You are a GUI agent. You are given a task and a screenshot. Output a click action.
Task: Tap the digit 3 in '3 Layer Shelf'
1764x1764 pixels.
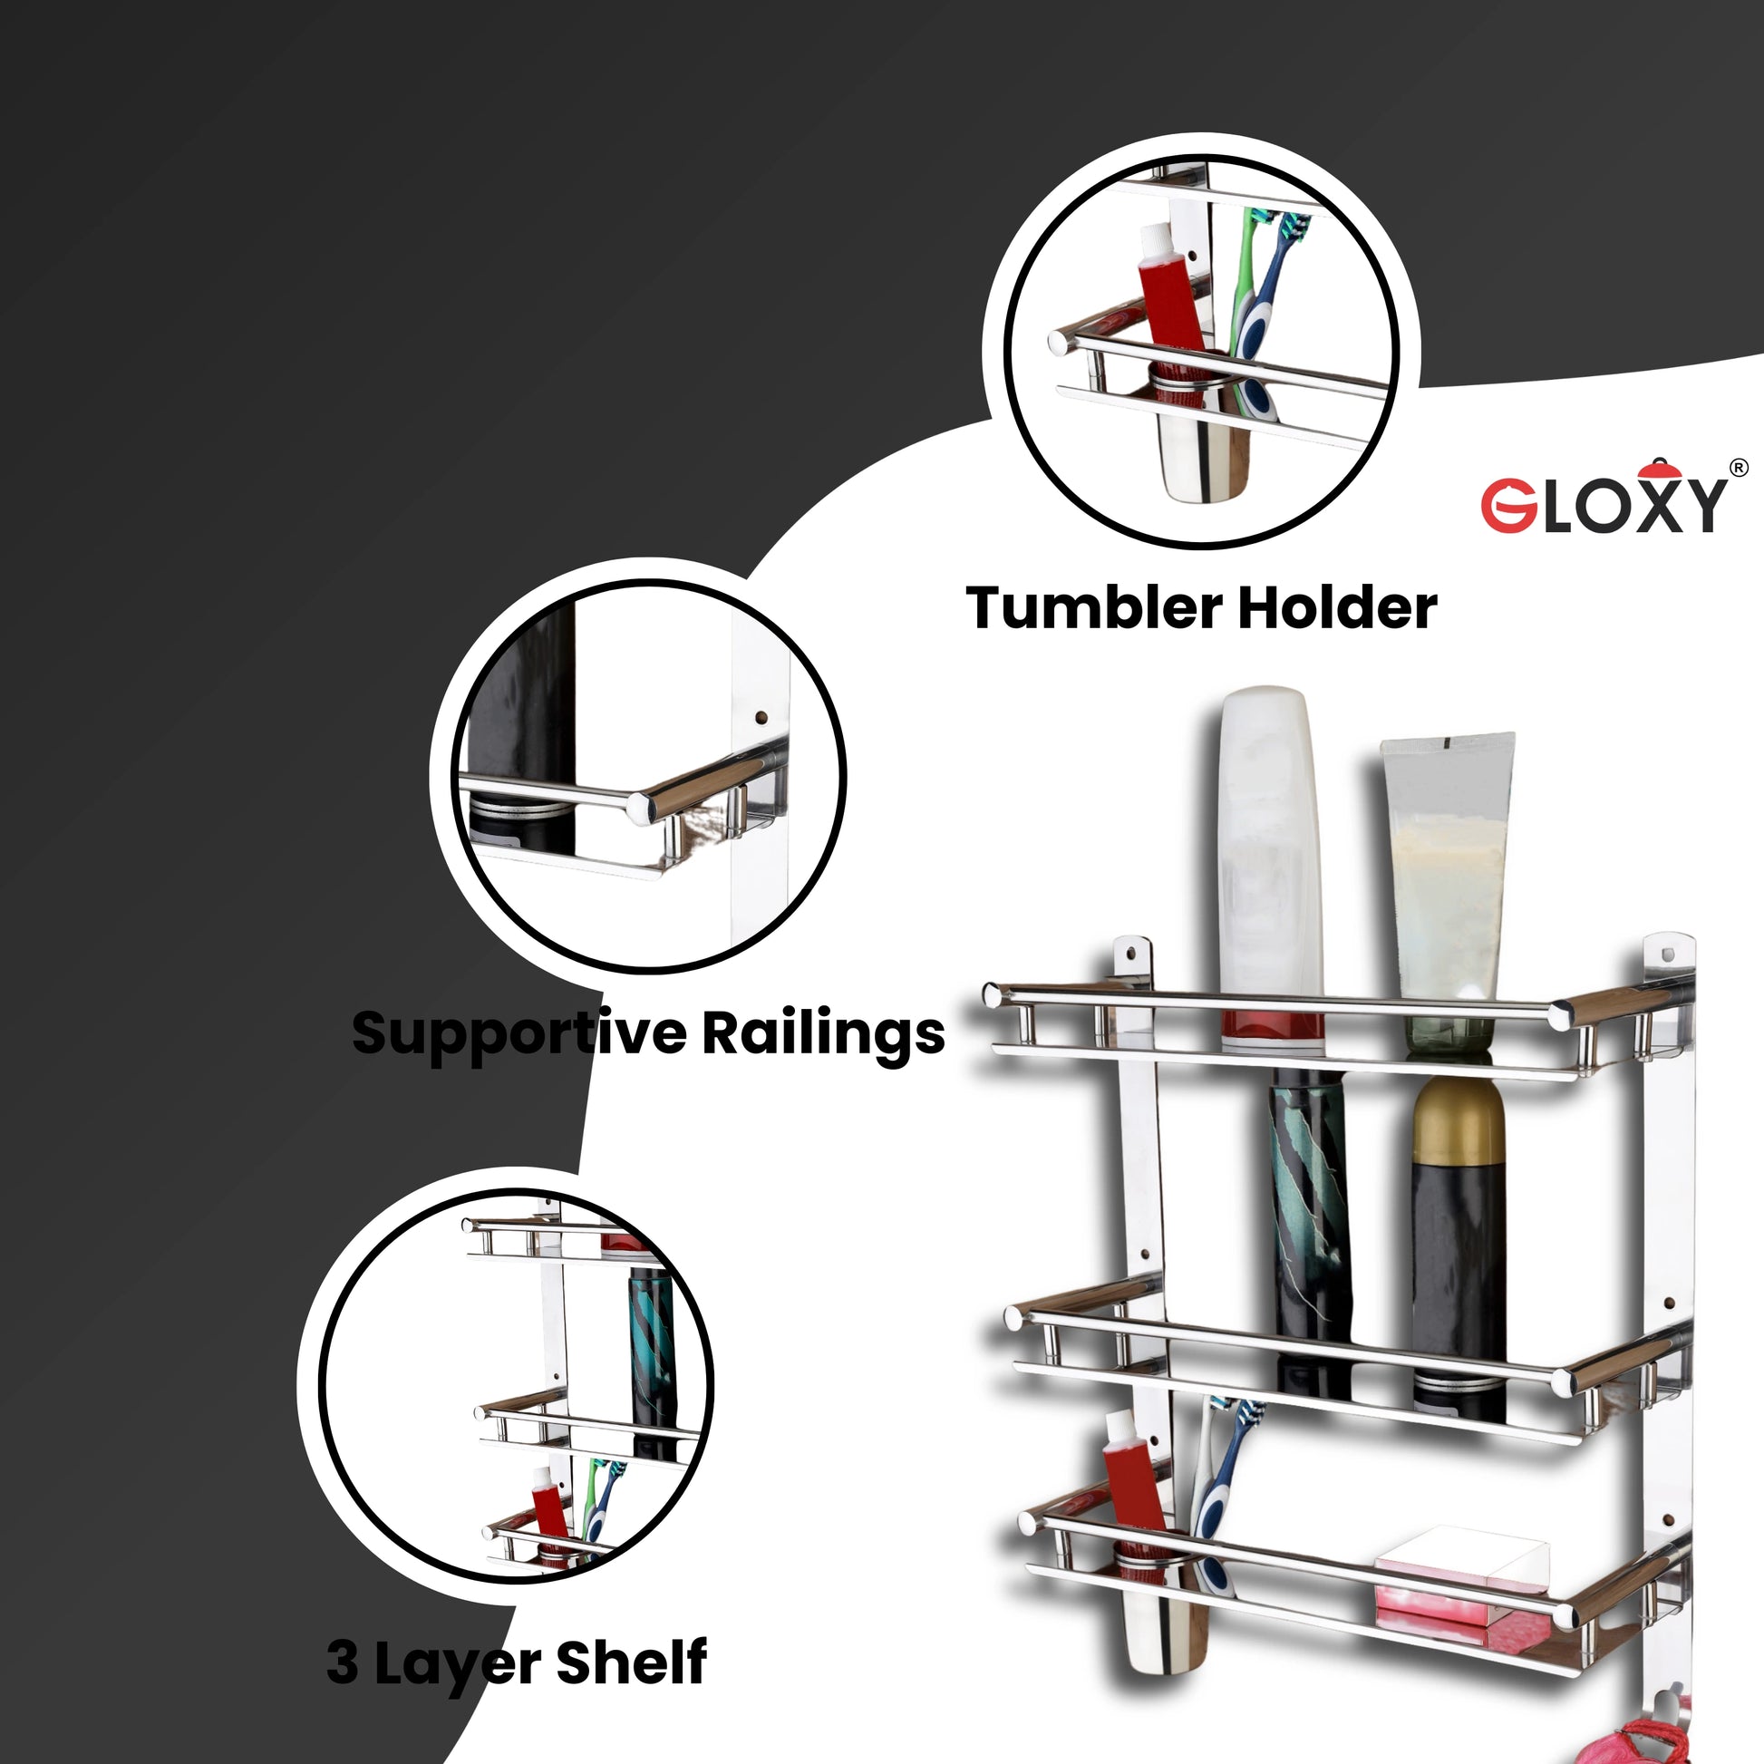point(343,1662)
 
